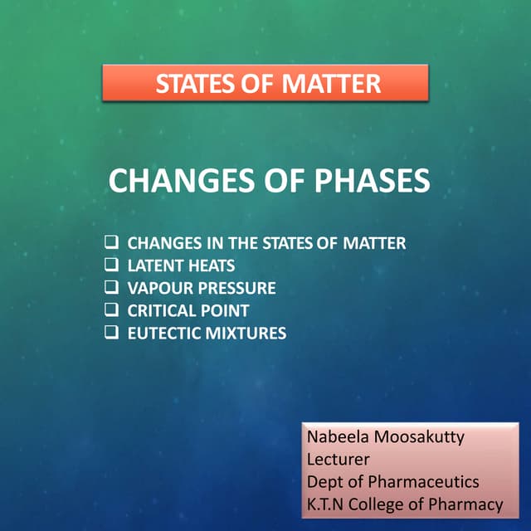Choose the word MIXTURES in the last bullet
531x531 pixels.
[243, 334]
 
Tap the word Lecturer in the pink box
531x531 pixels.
[339, 459]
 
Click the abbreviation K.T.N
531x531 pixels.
[326, 504]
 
